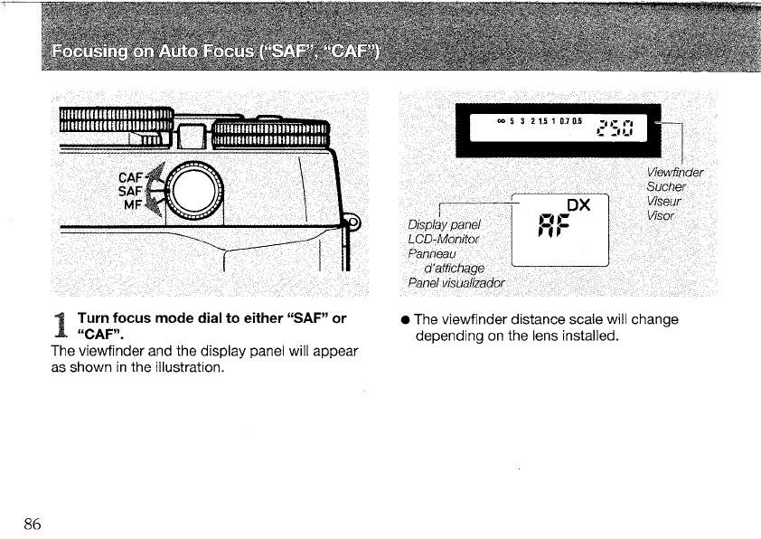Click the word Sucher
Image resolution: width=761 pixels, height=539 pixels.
coord(668,187)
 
